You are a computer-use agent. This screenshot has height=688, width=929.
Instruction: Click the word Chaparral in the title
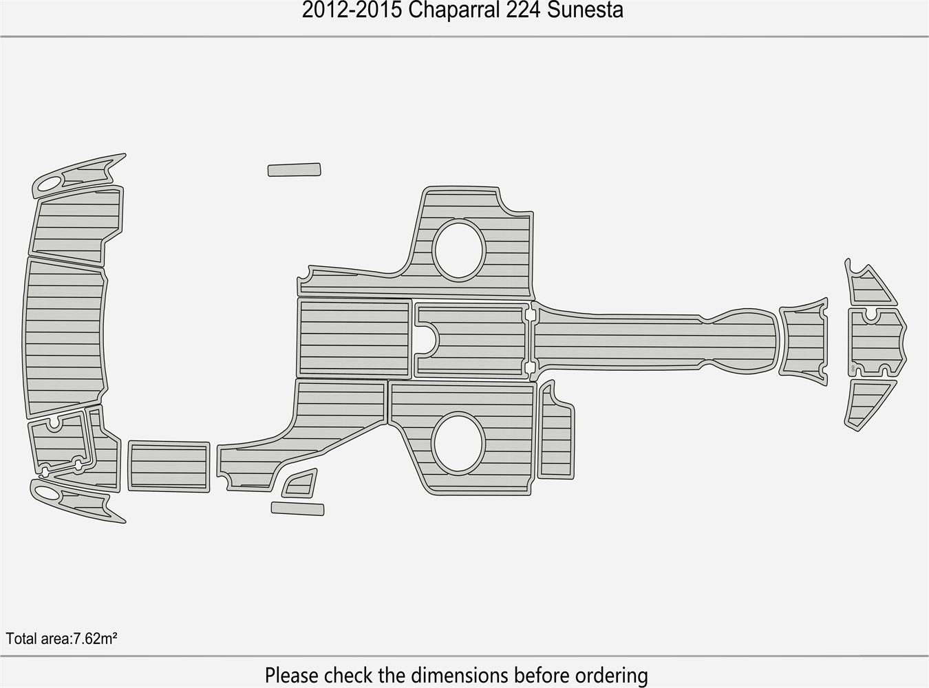(453, 10)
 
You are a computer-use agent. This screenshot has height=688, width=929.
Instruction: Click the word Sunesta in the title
(585, 10)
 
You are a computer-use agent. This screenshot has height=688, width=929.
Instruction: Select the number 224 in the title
(523, 10)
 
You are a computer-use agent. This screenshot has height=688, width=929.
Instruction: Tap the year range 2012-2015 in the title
(352, 10)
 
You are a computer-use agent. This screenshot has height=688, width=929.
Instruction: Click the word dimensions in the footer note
(460, 676)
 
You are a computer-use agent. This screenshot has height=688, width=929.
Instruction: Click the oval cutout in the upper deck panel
(458, 250)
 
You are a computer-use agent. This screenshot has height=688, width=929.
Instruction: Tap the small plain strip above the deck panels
(294, 170)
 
